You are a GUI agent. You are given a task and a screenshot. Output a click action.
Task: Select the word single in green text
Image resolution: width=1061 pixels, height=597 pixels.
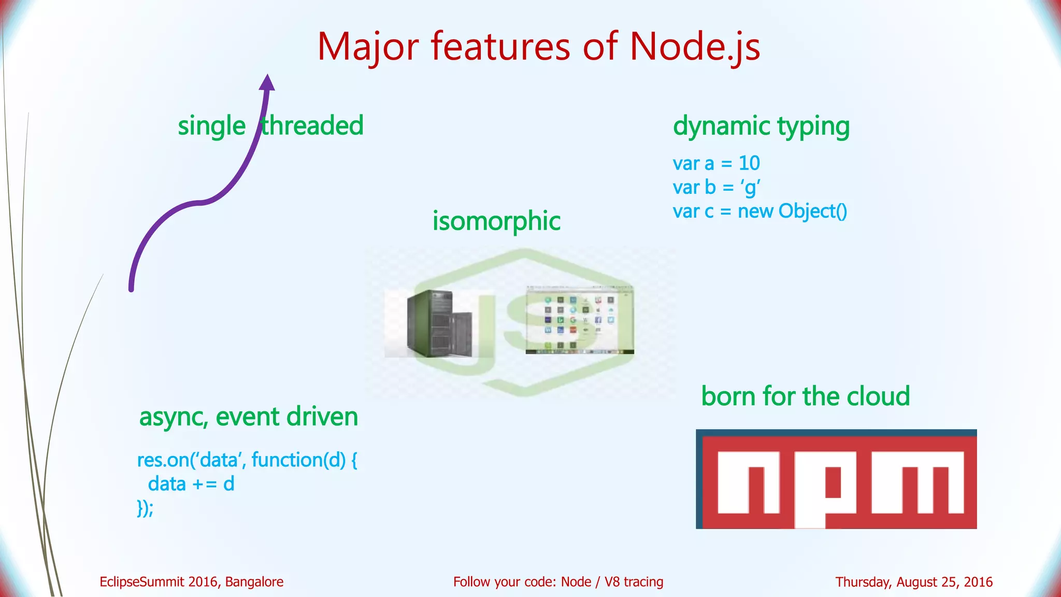pos(211,126)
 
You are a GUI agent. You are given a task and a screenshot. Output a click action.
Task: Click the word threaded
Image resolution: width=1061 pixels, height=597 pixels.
pos(312,126)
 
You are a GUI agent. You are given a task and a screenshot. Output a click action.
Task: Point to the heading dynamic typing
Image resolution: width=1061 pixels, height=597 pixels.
pos(761,126)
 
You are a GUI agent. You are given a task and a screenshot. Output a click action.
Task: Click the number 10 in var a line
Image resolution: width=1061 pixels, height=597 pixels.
pos(749,163)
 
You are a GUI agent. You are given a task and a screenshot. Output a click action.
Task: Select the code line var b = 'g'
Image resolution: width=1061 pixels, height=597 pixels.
pos(716,187)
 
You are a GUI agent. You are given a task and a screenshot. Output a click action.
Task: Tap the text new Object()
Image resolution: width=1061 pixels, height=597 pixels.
pos(792,211)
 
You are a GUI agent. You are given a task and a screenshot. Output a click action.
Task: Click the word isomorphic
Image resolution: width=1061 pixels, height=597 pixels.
pos(496,221)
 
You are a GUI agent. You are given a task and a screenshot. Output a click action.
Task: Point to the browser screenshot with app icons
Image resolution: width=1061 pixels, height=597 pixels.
pos(579,320)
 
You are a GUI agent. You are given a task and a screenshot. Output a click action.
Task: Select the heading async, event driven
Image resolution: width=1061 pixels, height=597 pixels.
pos(249,417)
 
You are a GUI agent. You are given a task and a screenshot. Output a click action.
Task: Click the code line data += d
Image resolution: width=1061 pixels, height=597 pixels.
pos(191,484)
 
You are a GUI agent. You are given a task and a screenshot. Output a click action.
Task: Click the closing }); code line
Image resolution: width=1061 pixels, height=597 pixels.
pos(145,508)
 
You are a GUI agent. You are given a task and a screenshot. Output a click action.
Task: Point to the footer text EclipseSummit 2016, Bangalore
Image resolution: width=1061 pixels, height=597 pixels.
pos(191,582)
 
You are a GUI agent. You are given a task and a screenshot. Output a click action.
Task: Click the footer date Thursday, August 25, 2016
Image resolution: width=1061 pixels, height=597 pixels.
pos(914,582)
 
